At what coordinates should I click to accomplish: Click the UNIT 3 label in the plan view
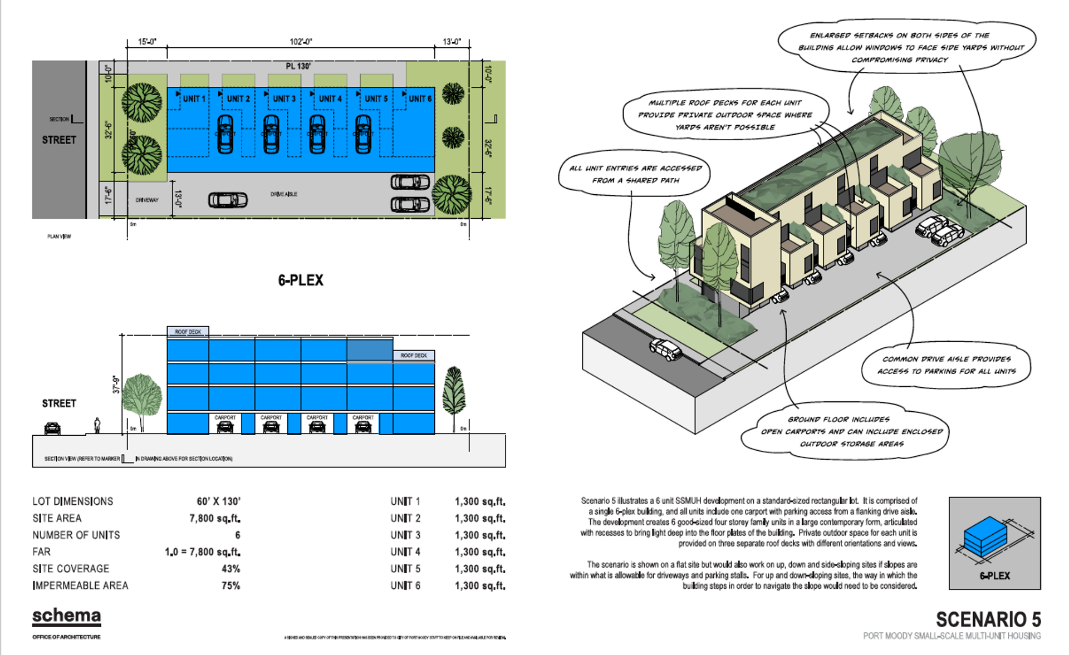tap(284, 99)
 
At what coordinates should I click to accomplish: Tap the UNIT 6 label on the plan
tap(420, 99)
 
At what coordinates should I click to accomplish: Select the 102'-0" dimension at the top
tap(301, 42)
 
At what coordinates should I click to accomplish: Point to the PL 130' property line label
tap(298, 66)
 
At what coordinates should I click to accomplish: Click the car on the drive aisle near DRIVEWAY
tap(228, 200)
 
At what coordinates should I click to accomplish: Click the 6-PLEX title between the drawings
tap(301, 280)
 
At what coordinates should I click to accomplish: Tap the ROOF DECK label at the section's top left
tap(188, 332)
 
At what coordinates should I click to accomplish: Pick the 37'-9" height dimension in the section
tap(116, 384)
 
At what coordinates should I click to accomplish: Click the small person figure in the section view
tap(97, 426)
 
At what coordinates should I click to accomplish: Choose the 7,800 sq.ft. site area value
tap(215, 518)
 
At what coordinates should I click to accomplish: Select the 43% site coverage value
tap(231, 569)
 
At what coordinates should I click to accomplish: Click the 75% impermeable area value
tap(231, 585)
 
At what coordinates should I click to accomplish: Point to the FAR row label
tap(42, 551)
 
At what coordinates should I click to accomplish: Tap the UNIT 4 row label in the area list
tap(405, 551)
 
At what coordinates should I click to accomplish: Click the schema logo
tap(67, 616)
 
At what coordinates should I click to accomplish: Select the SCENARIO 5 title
tap(988, 619)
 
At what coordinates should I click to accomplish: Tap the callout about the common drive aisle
tap(946, 365)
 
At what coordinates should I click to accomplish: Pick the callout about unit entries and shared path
tap(635, 174)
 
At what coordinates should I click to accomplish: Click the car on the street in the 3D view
tap(665, 349)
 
